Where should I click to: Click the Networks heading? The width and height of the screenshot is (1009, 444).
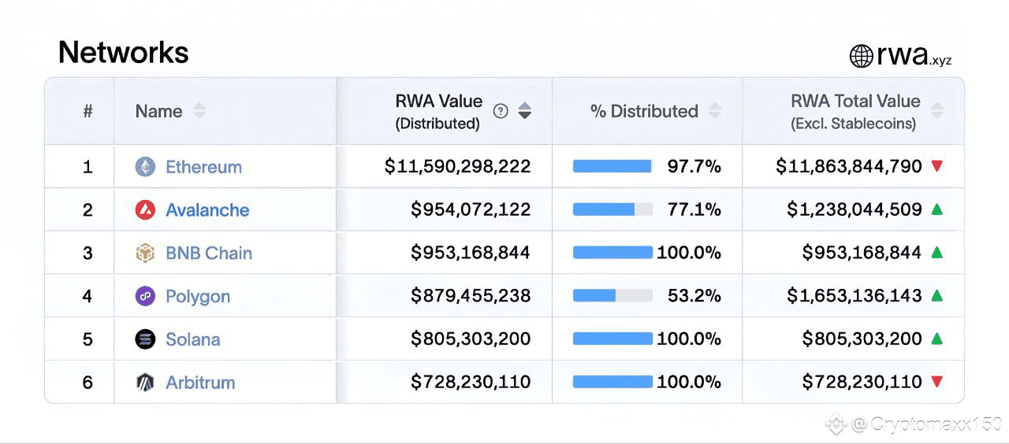pyautogui.click(x=124, y=53)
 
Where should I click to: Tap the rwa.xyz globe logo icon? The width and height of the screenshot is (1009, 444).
pyautogui.click(x=861, y=56)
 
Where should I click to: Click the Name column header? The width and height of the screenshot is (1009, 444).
pyautogui.click(x=158, y=111)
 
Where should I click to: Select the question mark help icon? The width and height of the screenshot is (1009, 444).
pyautogui.click(x=501, y=111)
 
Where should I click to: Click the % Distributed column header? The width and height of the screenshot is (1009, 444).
pyautogui.click(x=644, y=111)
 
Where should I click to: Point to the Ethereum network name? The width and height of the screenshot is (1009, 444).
pyautogui.click(x=203, y=167)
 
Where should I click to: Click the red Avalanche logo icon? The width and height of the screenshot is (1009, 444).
pyautogui.click(x=145, y=210)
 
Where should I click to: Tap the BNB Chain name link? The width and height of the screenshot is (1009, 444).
pyautogui.click(x=209, y=253)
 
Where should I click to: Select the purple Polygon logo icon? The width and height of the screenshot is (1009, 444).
pyautogui.click(x=145, y=296)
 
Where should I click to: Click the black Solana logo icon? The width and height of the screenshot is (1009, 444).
pyautogui.click(x=145, y=339)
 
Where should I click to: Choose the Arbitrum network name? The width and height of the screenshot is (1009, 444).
pyautogui.click(x=200, y=383)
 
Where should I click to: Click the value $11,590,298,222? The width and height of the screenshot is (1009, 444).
pyautogui.click(x=457, y=167)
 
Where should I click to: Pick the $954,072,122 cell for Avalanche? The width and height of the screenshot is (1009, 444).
pyautogui.click(x=471, y=210)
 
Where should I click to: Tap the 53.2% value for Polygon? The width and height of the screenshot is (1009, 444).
pyautogui.click(x=694, y=296)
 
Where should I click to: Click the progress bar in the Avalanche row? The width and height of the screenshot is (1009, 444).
pyautogui.click(x=612, y=210)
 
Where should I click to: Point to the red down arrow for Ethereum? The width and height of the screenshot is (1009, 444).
pyautogui.click(x=936, y=166)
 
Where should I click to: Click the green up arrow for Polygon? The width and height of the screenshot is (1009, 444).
pyautogui.click(x=936, y=296)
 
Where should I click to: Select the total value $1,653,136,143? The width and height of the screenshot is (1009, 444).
pyautogui.click(x=854, y=296)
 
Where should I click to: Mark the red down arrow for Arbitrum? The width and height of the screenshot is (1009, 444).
pyautogui.click(x=936, y=382)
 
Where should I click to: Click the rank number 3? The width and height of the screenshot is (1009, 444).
pyautogui.click(x=87, y=253)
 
